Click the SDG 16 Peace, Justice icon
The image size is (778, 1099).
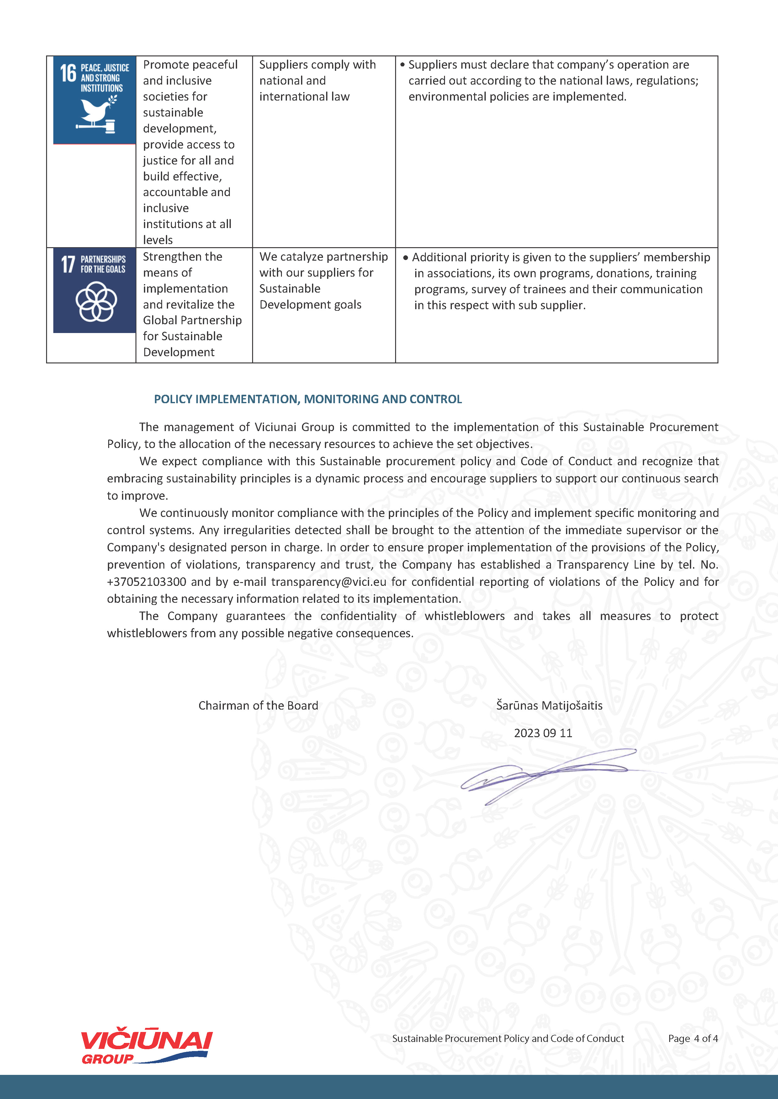tap(94, 100)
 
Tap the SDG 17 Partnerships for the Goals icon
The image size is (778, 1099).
tap(94, 290)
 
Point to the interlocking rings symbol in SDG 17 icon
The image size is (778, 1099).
tap(96, 302)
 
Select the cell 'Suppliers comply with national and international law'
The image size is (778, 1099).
tap(317, 81)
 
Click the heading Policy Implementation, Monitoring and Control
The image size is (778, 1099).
tap(308, 399)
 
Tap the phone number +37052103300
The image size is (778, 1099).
tap(146, 581)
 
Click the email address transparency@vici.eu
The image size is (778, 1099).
tap(329, 581)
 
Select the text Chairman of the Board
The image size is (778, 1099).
tap(258, 706)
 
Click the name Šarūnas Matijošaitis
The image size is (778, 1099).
tap(549, 706)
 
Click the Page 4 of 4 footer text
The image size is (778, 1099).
tap(693, 1039)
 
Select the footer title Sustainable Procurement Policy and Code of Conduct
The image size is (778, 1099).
tap(508, 1039)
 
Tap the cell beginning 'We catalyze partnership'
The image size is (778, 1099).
tap(323, 280)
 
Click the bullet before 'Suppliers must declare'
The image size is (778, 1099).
tap(402, 65)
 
